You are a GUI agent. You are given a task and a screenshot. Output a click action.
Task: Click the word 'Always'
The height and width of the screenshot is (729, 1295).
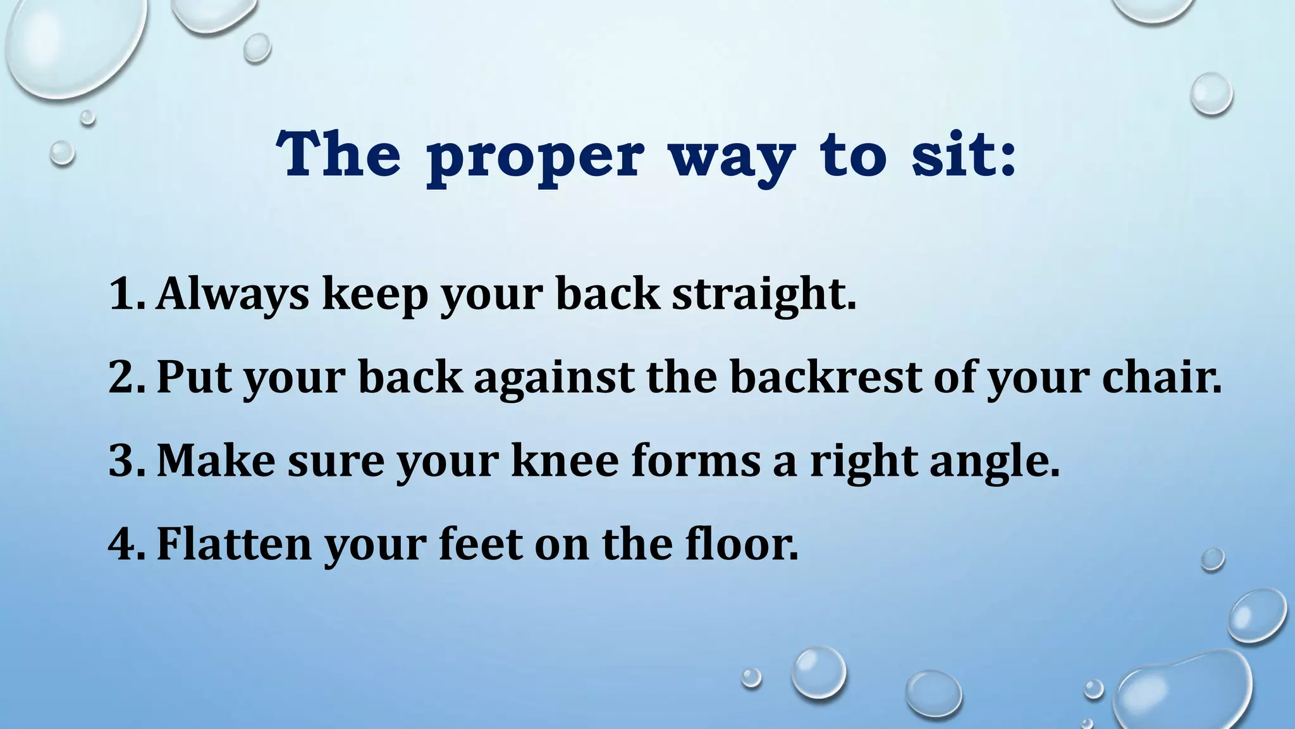[232, 295]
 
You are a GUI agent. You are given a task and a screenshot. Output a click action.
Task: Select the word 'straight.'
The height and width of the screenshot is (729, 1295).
[764, 295]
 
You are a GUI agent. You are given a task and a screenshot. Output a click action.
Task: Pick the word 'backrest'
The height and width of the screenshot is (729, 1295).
[826, 377]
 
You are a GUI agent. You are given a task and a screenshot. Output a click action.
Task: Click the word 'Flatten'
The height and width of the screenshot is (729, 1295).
[234, 544]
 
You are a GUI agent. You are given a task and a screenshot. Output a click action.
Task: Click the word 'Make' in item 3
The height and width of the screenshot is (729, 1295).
[216, 460]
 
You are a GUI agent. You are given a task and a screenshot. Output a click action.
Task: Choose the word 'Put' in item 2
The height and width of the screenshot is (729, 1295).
[193, 377]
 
